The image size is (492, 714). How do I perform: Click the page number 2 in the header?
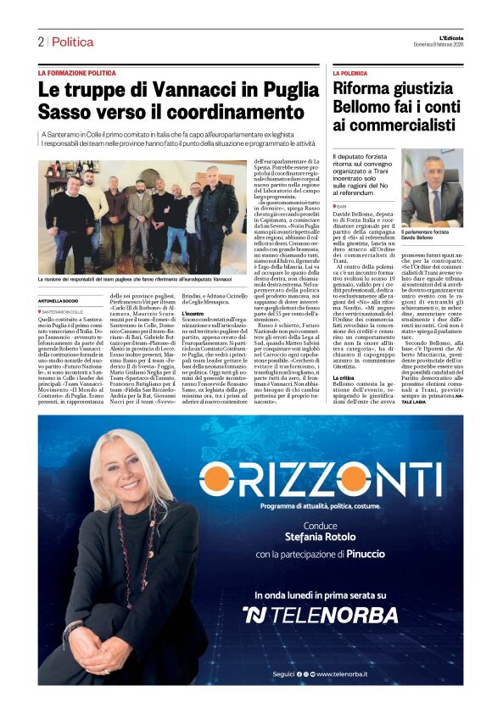coord(40,42)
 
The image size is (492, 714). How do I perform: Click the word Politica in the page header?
coord(73,42)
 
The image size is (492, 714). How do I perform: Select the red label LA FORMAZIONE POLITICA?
coord(77,74)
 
